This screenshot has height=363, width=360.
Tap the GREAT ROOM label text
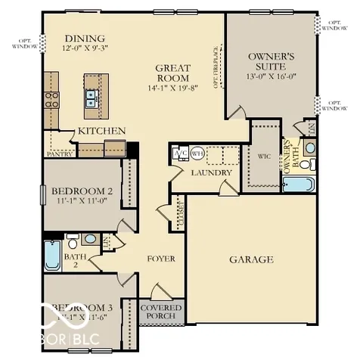[x=172, y=73]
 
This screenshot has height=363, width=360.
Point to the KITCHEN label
[x=101, y=131]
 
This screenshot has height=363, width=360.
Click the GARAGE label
[x=251, y=259]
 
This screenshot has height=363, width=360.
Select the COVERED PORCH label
[x=161, y=312]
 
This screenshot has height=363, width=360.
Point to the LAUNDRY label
[x=211, y=172]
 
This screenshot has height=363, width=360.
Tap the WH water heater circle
[x=197, y=153]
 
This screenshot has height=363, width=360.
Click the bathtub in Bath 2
[x=52, y=256]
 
